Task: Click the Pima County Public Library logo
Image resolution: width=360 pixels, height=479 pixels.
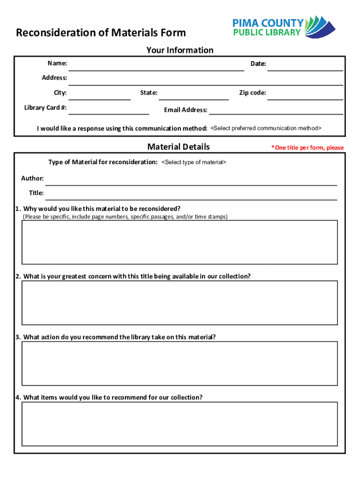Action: [x=284, y=27]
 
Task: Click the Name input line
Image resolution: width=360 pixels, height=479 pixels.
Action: [x=158, y=66]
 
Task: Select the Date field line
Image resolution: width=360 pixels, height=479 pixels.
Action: [x=305, y=66]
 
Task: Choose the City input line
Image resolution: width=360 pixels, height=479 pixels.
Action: [x=100, y=95]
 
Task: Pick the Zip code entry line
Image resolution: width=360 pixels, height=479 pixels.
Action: [x=305, y=95]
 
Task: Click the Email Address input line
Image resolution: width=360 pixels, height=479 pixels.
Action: [x=275, y=110]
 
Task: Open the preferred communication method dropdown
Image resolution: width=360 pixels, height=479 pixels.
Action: [x=266, y=128]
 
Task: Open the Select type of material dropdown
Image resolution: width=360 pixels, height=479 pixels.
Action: [x=194, y=162]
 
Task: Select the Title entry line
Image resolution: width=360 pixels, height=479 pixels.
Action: [x=191, y=195]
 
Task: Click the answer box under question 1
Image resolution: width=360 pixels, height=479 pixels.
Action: [x=180, y=242]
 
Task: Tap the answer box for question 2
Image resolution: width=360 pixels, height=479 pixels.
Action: [x=180, y=303]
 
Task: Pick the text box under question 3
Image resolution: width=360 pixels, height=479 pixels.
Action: [x=180, y=363]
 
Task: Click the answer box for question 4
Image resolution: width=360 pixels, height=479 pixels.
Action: [x=180, y=424]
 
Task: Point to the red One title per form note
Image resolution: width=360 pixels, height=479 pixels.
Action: [x=307, y=148]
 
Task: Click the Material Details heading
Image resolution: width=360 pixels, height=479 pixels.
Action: [x=179, y=147]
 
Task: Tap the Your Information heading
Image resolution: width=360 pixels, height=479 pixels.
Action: [x=180, y=50]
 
